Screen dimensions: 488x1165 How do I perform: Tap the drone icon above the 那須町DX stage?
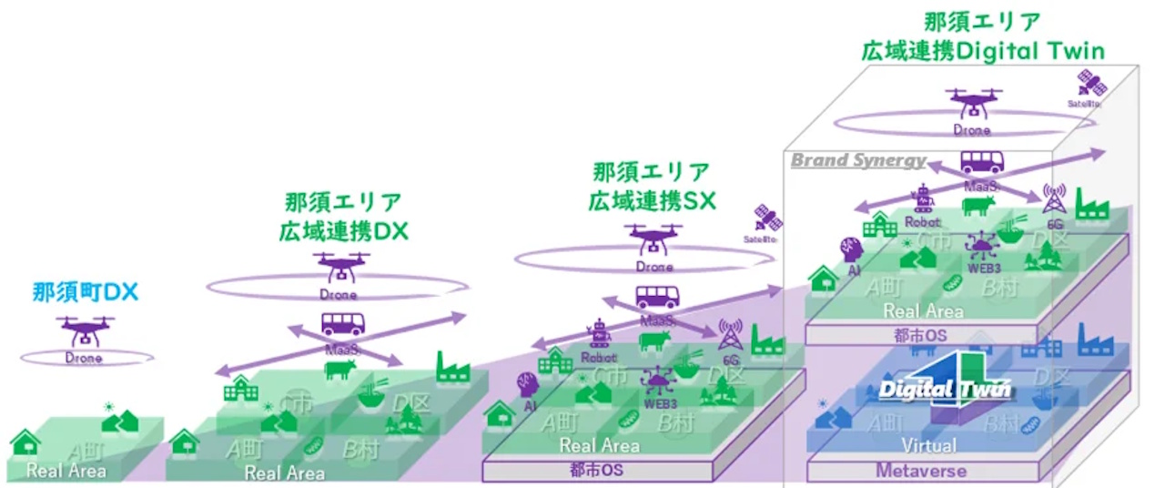pyautogui.click(x=84, y=331)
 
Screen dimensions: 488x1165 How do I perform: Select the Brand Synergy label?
pyautogui.click(x=857, y=161)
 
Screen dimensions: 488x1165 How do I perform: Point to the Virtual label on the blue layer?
pyautogui.click(x=928, y=445)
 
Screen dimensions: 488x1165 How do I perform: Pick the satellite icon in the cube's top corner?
pyautogui.click(x=1090, y=85)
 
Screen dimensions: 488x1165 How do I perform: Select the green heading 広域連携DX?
pyautogui.click(x=344, y=230)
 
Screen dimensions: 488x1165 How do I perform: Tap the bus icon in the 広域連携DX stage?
pyautogui.click(x=343, y=325)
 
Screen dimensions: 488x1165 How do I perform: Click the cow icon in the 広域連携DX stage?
pyautogui.click(x=341, y=369)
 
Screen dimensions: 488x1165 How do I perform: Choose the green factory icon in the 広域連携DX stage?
pyautogui.click(x=452, y=367)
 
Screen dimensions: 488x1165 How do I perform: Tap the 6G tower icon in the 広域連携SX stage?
pyautogui.click(x=729, y=336)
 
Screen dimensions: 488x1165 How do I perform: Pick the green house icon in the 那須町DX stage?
pyautogui.click(x=25, y=443)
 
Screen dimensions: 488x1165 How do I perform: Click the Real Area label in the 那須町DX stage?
pyautogui.click(x=66, y=470)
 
